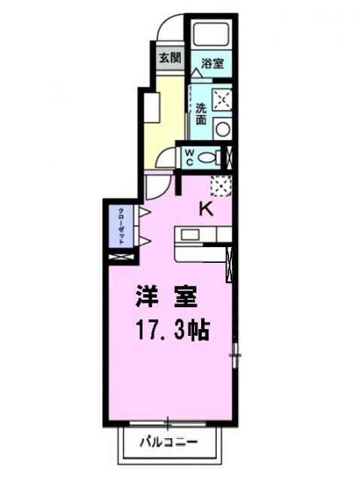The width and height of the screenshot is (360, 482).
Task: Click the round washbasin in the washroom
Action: tap(222, 128)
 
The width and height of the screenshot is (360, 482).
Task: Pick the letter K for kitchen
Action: tap(205, 209)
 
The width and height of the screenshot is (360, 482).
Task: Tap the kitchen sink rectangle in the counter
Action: tap(189, 235)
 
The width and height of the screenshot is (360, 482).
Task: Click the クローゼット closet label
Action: tap(121, 224)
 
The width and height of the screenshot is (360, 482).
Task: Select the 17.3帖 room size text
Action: tap(172, 329)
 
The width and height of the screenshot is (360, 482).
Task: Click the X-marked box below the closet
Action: tap(120, 257)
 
